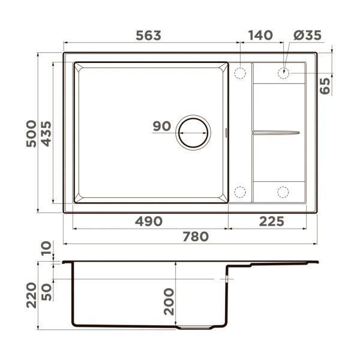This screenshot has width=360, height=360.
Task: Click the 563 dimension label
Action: [149, 35]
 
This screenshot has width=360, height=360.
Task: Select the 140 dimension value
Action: [260, 35]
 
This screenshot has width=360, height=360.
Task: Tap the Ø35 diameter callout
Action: [307, 35]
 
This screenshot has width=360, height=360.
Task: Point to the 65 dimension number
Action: [325, 86]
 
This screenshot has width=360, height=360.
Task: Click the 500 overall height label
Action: [31, 134]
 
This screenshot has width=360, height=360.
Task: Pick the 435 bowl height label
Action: [46, 134]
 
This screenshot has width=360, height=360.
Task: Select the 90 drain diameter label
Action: [162, 126]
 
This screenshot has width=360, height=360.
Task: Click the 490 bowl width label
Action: [149, 221]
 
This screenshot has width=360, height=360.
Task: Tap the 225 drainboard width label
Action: [272, 221]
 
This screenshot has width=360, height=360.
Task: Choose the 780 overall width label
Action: [196, 236]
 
